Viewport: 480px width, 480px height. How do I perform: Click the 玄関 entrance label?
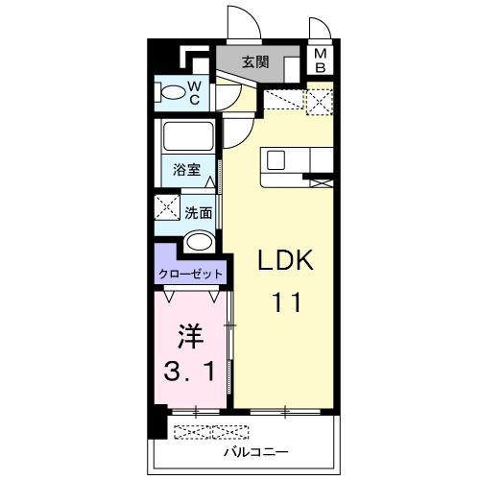255,62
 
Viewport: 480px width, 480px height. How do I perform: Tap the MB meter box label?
320,60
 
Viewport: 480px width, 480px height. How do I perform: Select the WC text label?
194,93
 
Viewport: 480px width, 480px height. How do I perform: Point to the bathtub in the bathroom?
188,135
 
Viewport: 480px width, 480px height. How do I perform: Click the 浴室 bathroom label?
187,170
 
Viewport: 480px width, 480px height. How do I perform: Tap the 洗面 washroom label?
199,213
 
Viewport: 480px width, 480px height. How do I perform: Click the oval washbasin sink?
200,241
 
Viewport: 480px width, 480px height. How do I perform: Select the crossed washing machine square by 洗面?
167,207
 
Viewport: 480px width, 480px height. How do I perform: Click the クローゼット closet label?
190,274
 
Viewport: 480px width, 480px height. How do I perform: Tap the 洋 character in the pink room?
190,336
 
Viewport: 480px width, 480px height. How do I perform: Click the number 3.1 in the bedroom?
189,372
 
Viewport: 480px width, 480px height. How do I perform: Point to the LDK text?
285,260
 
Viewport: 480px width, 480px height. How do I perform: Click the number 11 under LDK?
287,302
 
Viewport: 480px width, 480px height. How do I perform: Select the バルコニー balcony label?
256,452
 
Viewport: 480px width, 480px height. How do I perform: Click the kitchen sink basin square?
276,160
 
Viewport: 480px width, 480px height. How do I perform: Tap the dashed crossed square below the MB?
320,102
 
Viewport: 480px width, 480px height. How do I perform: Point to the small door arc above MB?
320,28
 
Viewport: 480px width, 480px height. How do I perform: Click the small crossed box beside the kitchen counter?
322,183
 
